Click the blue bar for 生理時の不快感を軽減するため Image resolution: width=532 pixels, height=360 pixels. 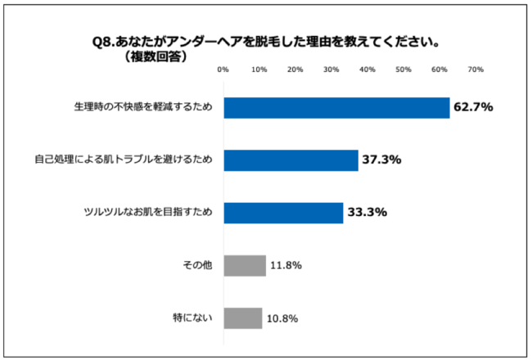pos(336,108)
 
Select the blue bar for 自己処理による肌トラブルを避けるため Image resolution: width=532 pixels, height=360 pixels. pos(291,160)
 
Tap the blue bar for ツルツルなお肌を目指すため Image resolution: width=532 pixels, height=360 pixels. pos(283,213)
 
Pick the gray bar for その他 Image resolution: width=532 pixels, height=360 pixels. pos(245,265)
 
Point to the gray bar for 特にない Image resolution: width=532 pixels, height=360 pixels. pos(243,317)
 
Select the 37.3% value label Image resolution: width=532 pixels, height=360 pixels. pos(382,160)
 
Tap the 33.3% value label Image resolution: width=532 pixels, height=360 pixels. pos(367,213)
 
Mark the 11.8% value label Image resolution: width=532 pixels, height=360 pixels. pos(288,265)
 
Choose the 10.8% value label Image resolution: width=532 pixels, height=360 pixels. pos(284,317)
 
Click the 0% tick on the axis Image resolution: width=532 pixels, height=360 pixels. pos(223,70)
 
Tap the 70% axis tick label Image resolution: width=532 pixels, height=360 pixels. pos(475,70)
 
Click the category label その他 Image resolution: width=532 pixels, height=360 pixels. pos(200,265)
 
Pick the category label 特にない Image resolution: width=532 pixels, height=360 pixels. pos(195,317)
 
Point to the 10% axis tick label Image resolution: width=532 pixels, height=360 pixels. pos(259,70)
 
